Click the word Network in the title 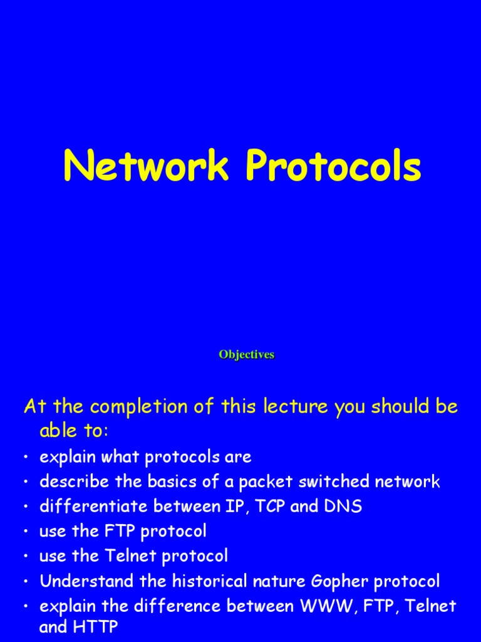point(146,167)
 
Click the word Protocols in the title point(333,167)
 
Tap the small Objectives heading point(246,355)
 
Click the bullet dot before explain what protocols point(27,458)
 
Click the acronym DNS point(343,507)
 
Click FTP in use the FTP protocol point(119,532)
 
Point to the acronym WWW point(338,606)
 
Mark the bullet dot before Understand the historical point(27,582)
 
